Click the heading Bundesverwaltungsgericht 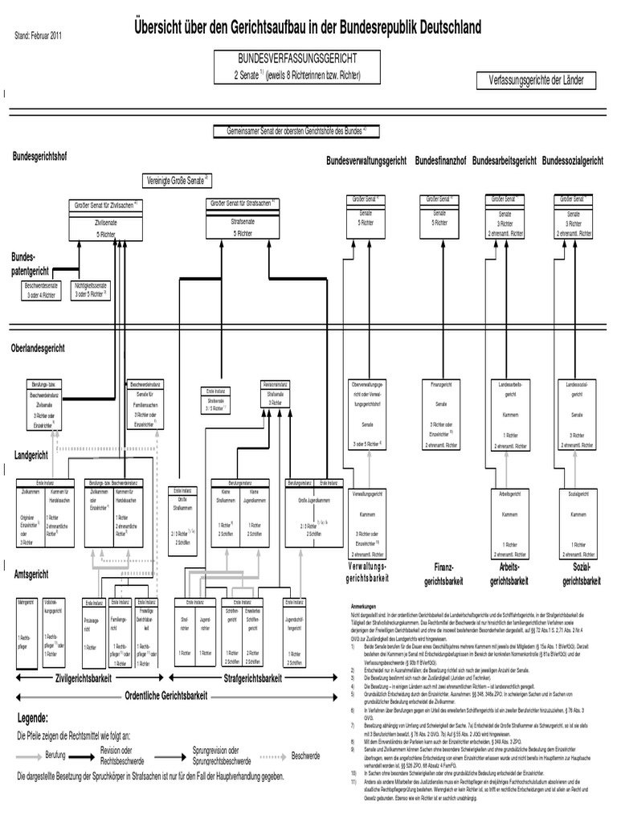point(366,162)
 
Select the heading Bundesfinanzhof point(441,162)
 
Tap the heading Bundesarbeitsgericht point(505,162)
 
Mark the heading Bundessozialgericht point(573,162)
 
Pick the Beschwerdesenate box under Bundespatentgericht point(41,290)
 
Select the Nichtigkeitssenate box point(90,290)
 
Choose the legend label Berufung point(55,756)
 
